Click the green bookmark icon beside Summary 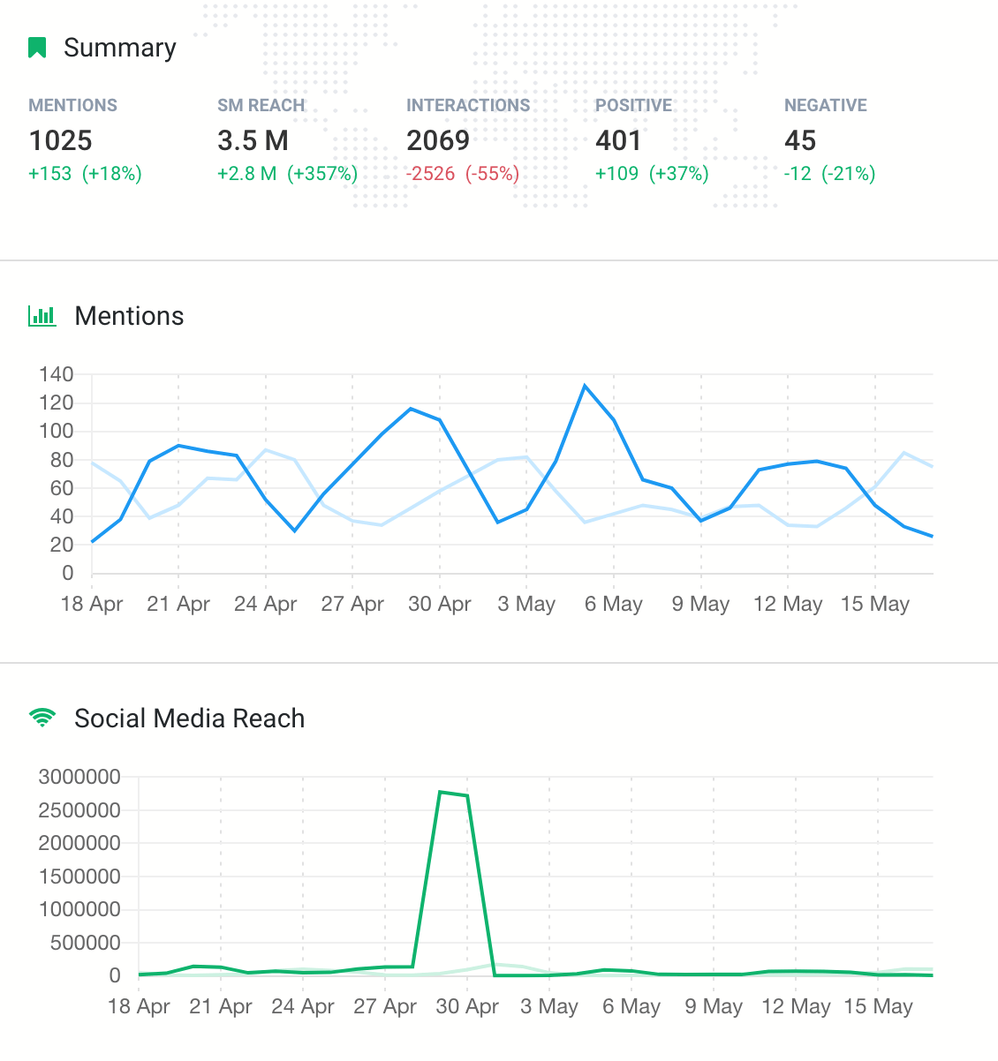point(37,48)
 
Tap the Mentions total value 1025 point(60,140)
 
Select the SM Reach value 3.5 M point(253,140)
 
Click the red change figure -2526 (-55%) point(462,174)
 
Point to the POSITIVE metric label point(633,105)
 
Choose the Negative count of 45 point(799,140)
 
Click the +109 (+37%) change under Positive point(652,174)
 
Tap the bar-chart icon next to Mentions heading point(42,316)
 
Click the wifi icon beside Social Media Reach point(42,718)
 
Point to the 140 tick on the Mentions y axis point(56,374)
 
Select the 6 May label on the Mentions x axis point(613,605)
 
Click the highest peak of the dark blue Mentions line point(585,386)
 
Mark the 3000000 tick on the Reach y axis point(79,777)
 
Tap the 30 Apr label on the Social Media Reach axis point(467,1007)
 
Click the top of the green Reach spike point(440,792)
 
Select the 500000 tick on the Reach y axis point(79,943)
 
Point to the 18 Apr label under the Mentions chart point(92,605)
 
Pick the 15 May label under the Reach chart point(878,1007)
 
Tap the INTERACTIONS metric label point(468,105)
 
